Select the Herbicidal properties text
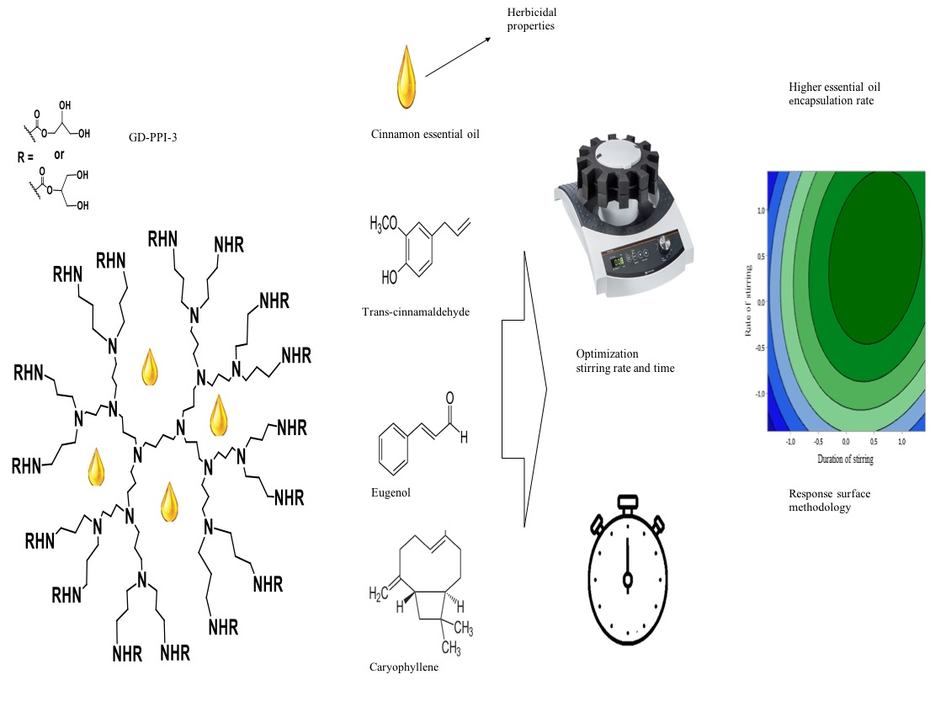pos(533,19)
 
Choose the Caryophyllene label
pos(403,667)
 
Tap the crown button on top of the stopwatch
pos(627,502)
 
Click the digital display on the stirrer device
pos(619,261)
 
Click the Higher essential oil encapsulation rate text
pos(834,93)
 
